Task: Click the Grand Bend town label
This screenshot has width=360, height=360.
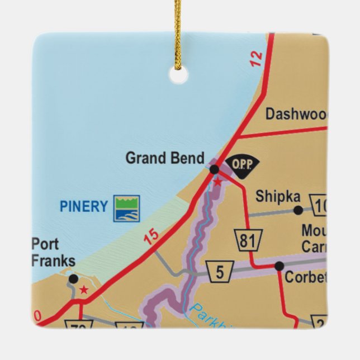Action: [x=164, y=158]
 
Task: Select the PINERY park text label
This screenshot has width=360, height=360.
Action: [x=83, y=207]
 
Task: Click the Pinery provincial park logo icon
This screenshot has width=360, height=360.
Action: [x=126, y=208]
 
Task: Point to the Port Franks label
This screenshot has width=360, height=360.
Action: [x=53, y=253]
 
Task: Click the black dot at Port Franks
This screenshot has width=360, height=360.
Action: [x=73, y=278]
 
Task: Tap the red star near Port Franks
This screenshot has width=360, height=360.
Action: [x=84, y=290]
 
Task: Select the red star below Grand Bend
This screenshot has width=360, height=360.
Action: [x=217, y=182]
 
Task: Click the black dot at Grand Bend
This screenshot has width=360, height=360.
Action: [x=214, y=169]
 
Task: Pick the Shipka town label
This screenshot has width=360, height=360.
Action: [x=278, y=197]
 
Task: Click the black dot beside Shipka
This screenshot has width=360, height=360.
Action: [x=298, y=210]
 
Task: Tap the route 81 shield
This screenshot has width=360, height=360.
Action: [x=247, y=241]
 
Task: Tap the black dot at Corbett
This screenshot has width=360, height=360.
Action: [x=279, y=266]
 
